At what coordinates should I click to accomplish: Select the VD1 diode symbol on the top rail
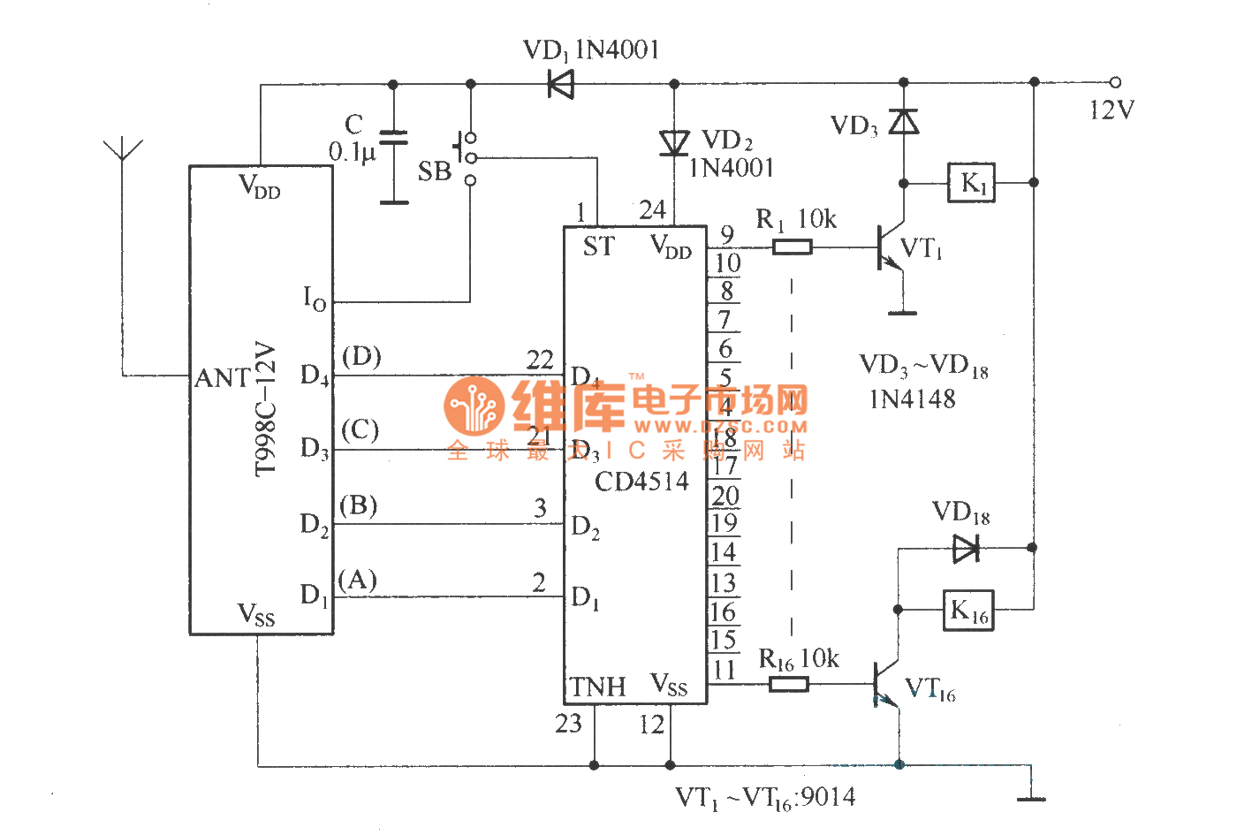560,85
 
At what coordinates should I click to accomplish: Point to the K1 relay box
971,183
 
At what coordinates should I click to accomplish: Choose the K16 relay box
968,610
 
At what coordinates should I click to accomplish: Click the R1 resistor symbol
793,247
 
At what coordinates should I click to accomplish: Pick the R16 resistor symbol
788,684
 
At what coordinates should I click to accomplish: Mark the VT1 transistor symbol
890,248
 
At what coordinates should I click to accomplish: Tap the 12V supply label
1112,110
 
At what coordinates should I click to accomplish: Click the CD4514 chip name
641,482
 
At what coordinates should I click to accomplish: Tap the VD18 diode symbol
967,549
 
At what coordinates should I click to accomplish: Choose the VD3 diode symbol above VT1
903,122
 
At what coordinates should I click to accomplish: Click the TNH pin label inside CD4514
598,687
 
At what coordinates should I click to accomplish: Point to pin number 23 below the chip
568,724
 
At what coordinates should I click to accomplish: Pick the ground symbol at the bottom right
1031,794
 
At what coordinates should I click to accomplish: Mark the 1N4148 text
913,399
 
